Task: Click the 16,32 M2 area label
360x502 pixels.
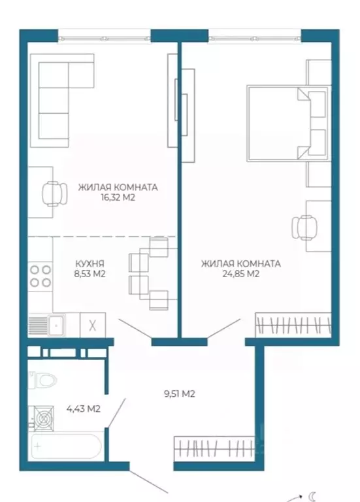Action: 118,197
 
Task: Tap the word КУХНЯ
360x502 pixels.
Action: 90,263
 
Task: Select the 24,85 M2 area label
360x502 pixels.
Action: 240,274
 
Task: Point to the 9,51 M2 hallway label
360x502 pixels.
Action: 180,393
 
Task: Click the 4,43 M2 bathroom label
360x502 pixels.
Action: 83,409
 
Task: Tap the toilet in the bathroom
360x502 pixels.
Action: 43,380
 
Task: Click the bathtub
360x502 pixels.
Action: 66,446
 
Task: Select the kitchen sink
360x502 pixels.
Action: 56,325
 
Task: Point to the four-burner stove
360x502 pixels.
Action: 41,276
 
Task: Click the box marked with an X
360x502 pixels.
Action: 93,325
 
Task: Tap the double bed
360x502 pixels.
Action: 287,124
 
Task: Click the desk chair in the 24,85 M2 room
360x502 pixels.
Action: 304,227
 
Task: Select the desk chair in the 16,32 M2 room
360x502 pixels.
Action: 55,194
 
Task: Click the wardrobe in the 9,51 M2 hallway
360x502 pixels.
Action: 215,448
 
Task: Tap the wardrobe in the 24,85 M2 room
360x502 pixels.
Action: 293,325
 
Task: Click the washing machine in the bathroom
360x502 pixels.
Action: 41,418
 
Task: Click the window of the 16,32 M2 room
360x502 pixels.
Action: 105,39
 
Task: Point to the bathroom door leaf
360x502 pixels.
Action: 116,412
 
